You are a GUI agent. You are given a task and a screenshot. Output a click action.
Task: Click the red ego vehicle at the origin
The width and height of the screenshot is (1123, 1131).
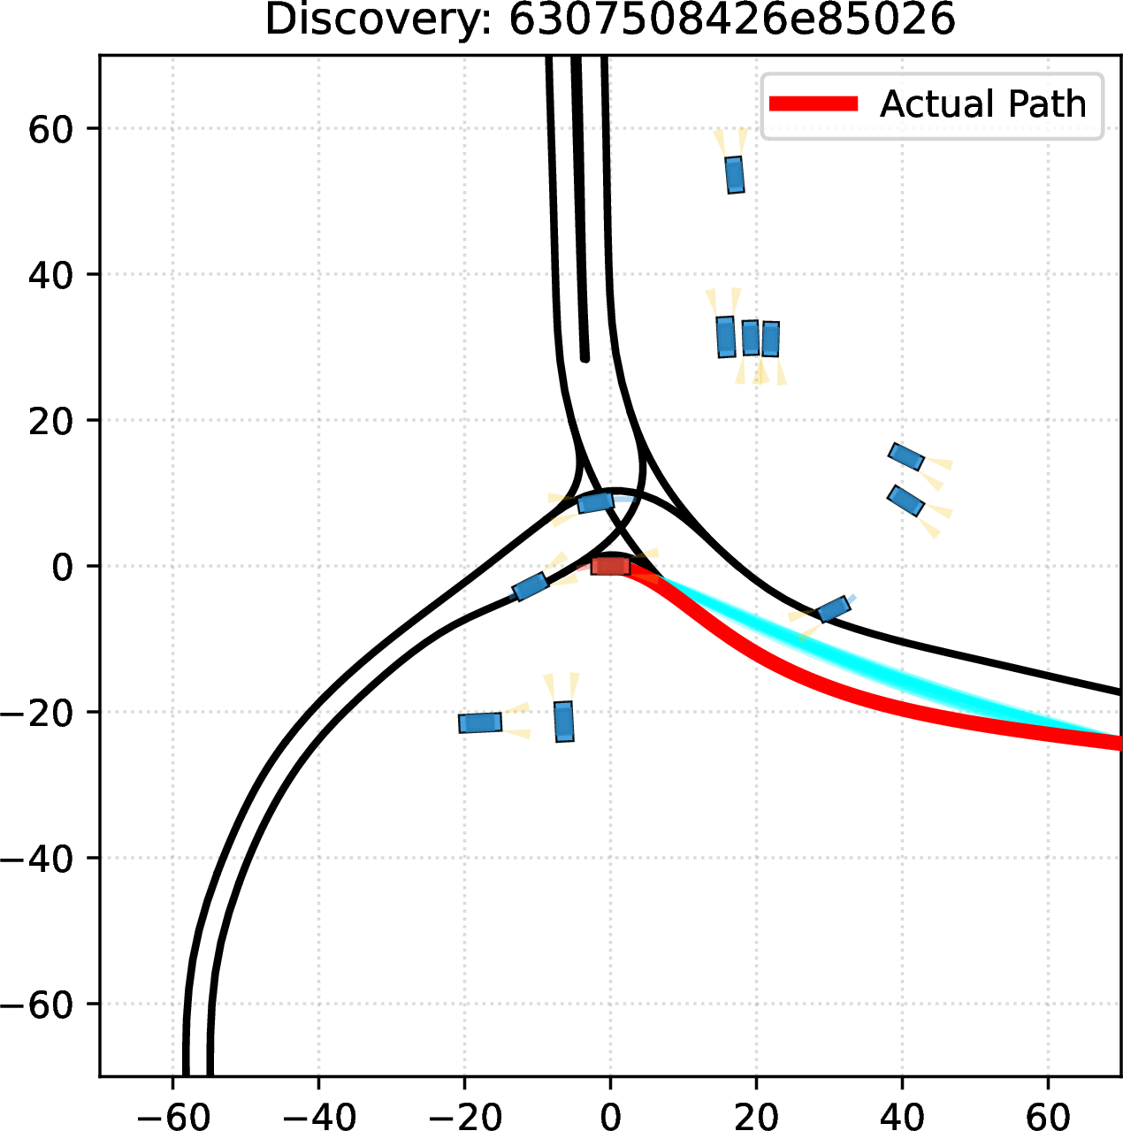pyautogui.click(x=610, y=566)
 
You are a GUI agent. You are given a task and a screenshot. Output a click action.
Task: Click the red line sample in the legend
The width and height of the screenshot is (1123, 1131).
pyautogui.click(x=814, y=103)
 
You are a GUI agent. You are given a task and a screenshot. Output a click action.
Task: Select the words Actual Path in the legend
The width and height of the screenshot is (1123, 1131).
pyautogui.click(x=982, y=103)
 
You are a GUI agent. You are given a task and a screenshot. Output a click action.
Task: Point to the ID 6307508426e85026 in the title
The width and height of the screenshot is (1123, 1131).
pyautogui.click(x=732, y=20)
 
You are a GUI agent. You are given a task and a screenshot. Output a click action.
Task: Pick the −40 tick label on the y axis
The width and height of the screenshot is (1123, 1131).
pyautogui.click(x=36, y=858)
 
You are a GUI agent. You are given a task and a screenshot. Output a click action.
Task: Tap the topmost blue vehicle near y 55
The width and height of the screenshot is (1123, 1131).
pyautogui.click(x=735, y=175)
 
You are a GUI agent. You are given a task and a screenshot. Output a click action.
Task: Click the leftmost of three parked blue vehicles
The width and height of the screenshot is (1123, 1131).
pyautogui.click(x=726, y=337)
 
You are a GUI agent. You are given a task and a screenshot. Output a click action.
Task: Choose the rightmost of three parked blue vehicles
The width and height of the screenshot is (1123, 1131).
pyautogui.click(x=771, y=339)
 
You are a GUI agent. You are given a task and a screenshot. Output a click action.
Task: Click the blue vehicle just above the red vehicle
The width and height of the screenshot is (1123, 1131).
pyautogui.click(x=595, y=502)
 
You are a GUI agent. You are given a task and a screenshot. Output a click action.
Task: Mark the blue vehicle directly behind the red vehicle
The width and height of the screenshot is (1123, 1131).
pyautogui.click(x=530, y=586)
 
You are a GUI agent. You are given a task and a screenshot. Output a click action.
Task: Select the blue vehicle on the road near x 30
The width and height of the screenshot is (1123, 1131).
pyautogui.click(x=834, y=608)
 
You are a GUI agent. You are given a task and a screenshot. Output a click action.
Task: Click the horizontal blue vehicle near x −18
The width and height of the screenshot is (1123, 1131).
pyautogui.click(x=480, y=722)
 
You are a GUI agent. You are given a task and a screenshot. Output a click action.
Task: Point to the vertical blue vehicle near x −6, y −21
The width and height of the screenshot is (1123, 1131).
pyautogui.click(x=564, y=722)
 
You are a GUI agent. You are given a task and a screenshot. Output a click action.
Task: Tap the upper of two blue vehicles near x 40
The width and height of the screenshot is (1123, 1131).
pyautogui.click(x=906, y=456)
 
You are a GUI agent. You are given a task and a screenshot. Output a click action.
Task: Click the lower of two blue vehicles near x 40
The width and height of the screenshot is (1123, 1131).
pyautogui.click(x=905, y=501)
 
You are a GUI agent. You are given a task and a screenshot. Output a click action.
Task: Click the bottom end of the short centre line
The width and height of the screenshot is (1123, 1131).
pyautogui.click(x=584, y=358)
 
